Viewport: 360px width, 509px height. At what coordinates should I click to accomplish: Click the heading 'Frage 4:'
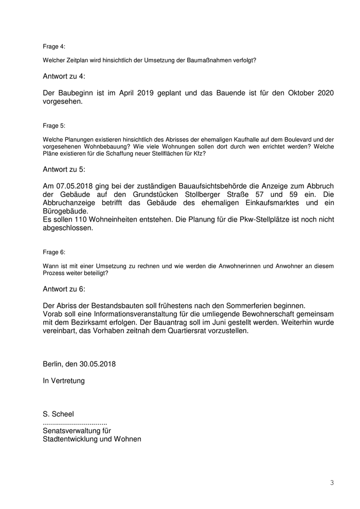point(54,46)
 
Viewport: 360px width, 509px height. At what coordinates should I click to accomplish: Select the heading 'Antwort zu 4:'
point(64,76)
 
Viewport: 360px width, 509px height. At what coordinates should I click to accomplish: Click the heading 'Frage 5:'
point(54,125)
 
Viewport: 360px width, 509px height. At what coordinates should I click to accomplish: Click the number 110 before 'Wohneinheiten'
point(80,220)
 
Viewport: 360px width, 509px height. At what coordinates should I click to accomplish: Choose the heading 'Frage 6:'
point(54,252)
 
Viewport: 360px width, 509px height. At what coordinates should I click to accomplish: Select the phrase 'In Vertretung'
point(64,381)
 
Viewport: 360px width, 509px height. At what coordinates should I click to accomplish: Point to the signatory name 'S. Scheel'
point(59,414)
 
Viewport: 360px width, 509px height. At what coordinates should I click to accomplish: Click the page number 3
point(332,482)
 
